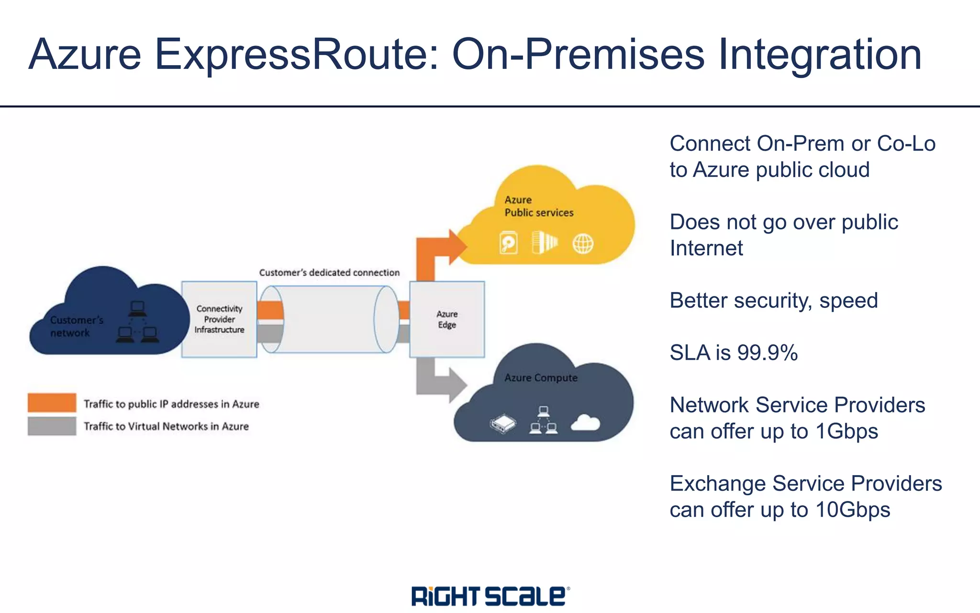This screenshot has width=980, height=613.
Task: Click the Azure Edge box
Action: coord(447,319)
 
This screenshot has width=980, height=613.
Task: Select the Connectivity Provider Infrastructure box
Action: coord(219,319)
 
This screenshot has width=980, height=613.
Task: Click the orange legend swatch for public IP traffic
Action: coord(52,403)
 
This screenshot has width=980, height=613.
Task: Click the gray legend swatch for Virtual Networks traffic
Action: coord(52,426)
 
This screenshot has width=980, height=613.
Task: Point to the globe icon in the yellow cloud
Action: coord(583,244)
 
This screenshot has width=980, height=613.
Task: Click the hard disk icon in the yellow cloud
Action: coord(508,243)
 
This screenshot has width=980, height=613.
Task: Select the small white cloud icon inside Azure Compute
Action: coord(585,423)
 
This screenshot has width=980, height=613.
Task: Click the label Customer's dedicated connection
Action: coord(329,272)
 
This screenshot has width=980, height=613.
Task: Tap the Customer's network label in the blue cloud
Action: coord(77,326)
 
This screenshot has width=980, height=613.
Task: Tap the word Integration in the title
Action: coord(820,54)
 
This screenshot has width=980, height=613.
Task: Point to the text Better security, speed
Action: coord(773,301)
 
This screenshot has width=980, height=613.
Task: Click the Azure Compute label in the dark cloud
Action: coord(541,378)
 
